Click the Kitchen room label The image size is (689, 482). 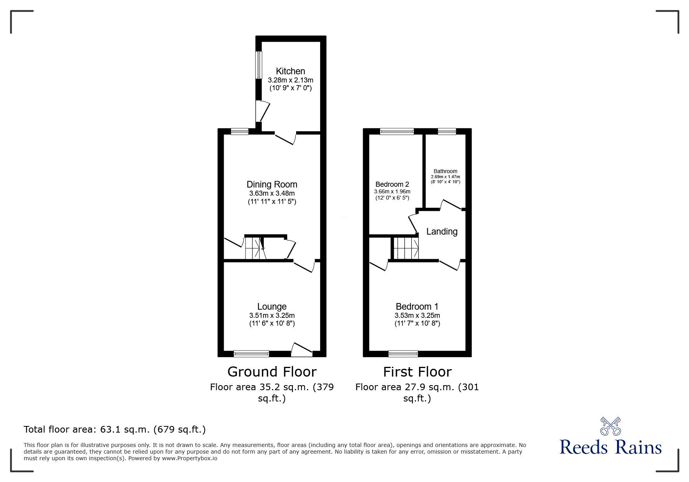coord(290,71)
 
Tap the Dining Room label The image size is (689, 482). coord(272,184)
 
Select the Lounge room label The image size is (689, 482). coord(272,307)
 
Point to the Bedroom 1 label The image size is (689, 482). coord(417,307)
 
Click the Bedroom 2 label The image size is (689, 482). coord(392,184)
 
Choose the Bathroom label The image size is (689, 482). coord(445,171)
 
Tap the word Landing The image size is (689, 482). coord(442,231)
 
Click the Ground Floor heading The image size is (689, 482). coord(272,372)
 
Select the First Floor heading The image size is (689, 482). coord(417,372)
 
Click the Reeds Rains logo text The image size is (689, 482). coord(610,447)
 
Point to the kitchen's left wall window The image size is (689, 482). coord(258,65)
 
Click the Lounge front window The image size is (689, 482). coord(251,354)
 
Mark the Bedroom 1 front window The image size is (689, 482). coord(403,354)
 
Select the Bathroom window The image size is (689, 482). coord(447,131)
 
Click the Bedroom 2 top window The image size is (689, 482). coord(397,131)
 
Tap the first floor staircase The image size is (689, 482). coord(406,248)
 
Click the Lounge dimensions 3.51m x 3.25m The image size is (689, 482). coord(272,315)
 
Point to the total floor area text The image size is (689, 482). coord(115,429)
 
